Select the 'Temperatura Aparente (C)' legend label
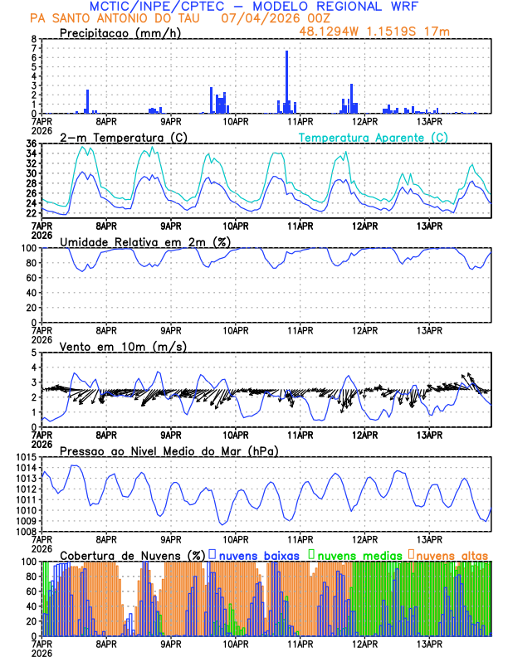tap(373, 137)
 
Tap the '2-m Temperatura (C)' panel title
tap(122, 137)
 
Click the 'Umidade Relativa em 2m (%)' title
tap(145, 241)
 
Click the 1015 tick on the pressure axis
tap(23, 457)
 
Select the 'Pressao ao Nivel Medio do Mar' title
tap(169, 450)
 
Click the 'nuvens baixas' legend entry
tap(261, 554)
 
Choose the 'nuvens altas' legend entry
tap(452, 554)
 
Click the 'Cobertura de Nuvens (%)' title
tap(132, 554)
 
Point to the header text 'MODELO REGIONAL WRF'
tap(348, 6)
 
